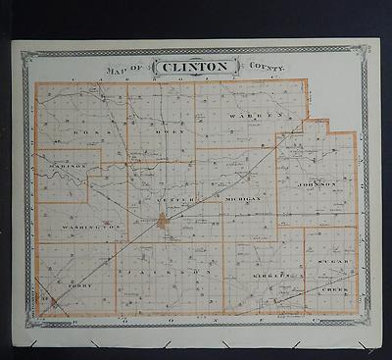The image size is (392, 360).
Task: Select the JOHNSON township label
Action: pos(318,183)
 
